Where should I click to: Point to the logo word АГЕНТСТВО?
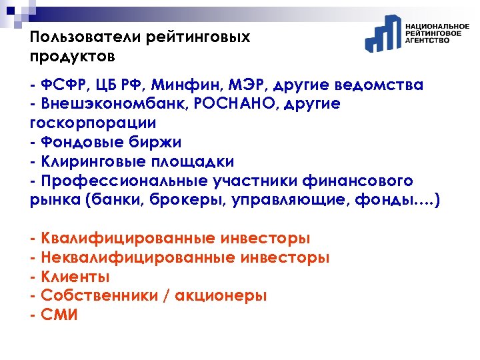[427, 41]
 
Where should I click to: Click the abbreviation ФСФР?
[61, 85]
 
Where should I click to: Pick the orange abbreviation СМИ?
[59, 315]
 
